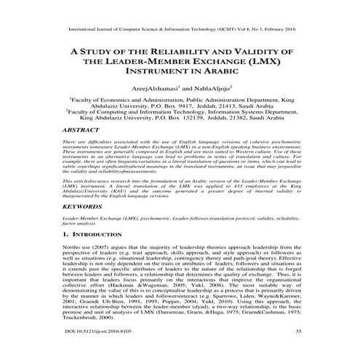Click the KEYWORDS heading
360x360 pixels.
click(81, 207)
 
